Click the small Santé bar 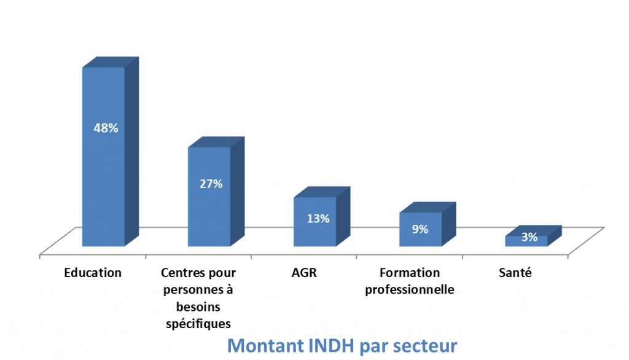[x=526, y=241]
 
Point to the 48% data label [x=106, y=128]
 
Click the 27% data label [x=211, y=183]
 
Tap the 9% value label [x=421, y=229]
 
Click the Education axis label [x=93, y=272]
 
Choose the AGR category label [x=304, y=272]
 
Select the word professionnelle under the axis [x=410, y=289]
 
